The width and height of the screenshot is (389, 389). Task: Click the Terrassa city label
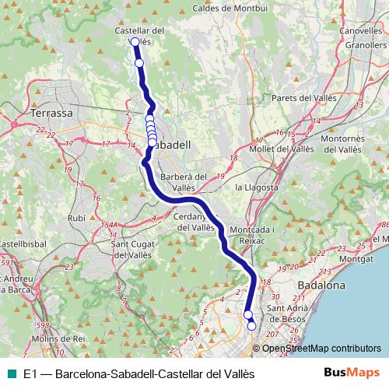click(51, 113)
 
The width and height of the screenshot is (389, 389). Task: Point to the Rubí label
click(76, 219)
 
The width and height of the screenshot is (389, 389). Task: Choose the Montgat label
click(356, 258)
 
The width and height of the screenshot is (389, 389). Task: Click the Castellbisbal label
click(19, 244)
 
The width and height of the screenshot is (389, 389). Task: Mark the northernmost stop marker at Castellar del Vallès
click(135, 42)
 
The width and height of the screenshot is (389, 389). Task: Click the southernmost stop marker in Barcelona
click(251, 326)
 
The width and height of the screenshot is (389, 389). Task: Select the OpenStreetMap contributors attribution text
click(321, 349)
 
